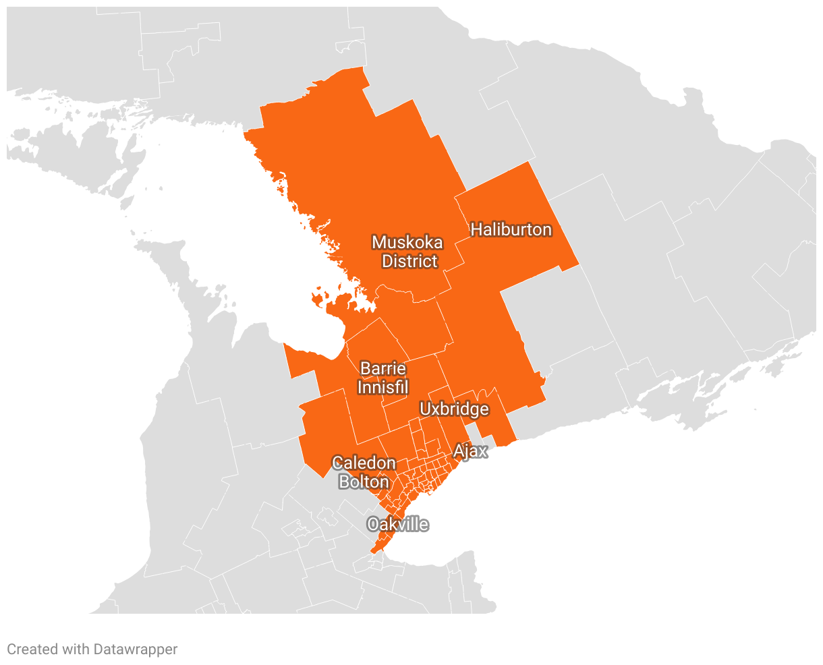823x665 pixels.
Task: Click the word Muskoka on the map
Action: coord(407,243)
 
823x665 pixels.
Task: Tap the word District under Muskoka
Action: coord(409,262)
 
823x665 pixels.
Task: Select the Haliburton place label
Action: coord(511,230)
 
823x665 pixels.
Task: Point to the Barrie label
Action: coord(383,369)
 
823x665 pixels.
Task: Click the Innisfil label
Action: coord(382,388)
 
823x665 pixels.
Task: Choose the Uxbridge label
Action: coord(454,409)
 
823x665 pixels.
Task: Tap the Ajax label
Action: coord(470,451)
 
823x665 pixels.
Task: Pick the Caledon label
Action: coord(364,463)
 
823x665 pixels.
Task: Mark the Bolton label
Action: coord(364,482)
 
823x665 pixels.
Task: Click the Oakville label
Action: coord(398,525)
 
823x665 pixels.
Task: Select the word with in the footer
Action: coord(75,649)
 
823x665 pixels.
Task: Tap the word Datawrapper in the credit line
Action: coord(136,649)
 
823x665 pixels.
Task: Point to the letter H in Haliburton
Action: coord(476,230)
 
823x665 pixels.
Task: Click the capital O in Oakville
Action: coord(373,525)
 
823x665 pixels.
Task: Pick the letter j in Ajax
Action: coord(467,453)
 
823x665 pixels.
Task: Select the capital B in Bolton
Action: coord(344,482)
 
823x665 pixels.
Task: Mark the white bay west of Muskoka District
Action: coord(202,223)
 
